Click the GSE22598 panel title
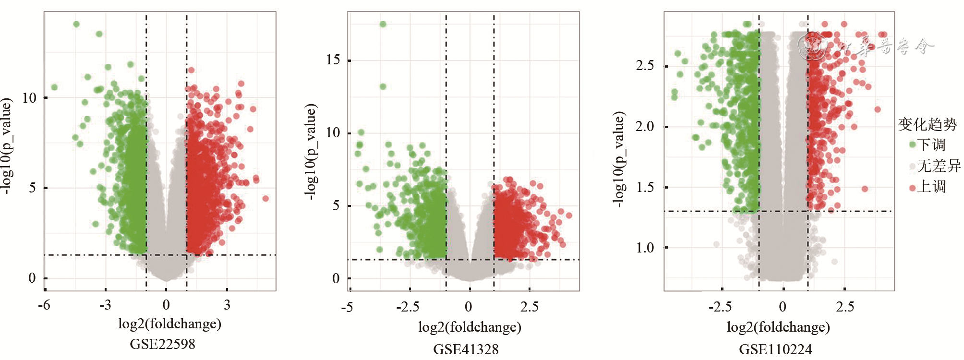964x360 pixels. point(162,344)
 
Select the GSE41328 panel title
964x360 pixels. point(466,349)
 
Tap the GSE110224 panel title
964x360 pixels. point(775,349)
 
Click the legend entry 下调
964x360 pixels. point(930,144)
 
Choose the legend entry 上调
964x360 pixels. point(930,187)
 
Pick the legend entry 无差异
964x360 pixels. point(938,166)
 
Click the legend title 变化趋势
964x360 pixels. point(927,124)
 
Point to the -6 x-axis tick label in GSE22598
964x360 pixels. point(44,305)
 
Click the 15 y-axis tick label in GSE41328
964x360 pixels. point(333,60)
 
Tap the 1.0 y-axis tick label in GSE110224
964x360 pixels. point(645,248)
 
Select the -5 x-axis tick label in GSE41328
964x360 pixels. point(347,307)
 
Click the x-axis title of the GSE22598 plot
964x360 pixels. point(169,324)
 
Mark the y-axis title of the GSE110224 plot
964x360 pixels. point(619,159)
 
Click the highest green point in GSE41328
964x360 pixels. point(383,24)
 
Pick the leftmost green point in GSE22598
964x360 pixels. point(54,87)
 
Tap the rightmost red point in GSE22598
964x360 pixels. point(265,198)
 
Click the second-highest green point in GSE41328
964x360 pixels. point(383,87)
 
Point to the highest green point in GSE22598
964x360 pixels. point(76,24)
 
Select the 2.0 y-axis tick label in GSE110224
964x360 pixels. point(645,127)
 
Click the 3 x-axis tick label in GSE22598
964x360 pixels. point(227,305)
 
